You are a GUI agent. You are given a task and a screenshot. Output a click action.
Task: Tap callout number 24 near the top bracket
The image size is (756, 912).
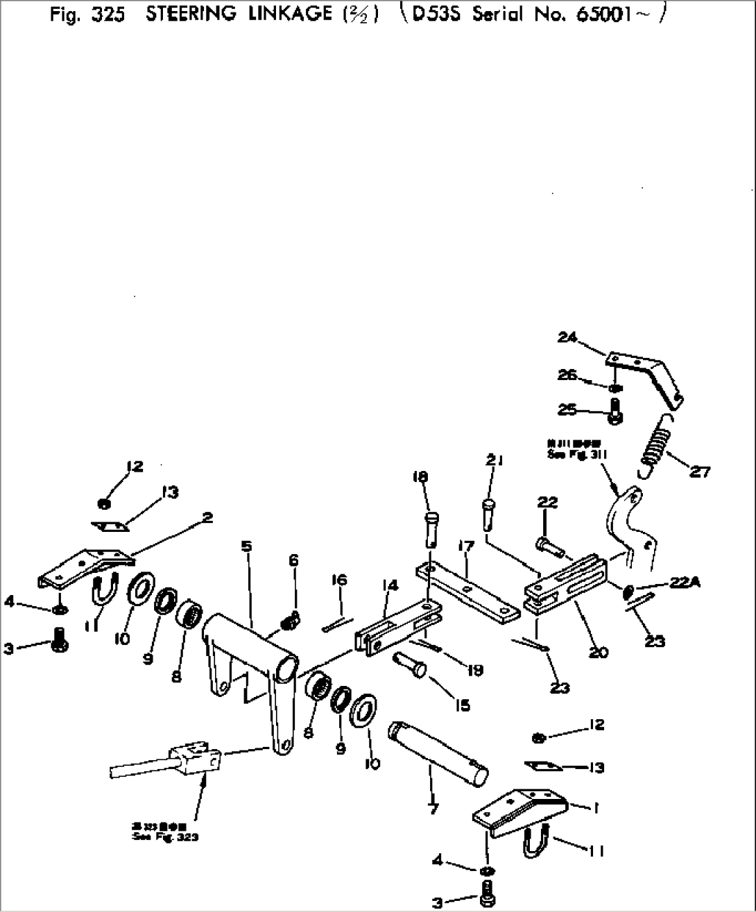[x=567, y=337]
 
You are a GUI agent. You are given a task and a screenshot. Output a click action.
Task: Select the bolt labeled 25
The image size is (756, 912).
[x=615, y=411]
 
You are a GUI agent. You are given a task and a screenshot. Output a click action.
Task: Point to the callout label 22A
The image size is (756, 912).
[x=685, y=583]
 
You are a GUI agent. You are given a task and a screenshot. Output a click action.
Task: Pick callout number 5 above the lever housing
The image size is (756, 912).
[x=246, y=547]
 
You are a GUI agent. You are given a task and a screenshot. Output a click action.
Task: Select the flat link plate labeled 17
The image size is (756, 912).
[x=468, y=591]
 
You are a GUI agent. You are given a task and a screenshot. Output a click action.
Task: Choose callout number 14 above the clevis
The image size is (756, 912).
[x=390, y=585]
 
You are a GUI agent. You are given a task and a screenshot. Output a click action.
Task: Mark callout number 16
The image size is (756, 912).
[x=338, y=580]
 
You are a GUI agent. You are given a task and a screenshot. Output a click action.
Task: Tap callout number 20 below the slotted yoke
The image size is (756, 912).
[x=598, y=652]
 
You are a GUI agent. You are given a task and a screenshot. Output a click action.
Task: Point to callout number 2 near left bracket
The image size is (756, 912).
[x=207, y=517]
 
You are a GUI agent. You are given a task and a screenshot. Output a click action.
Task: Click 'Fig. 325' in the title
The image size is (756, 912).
[x=87, y=15]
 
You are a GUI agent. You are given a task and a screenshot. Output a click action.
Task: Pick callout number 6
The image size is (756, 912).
[x=293, y=560]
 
